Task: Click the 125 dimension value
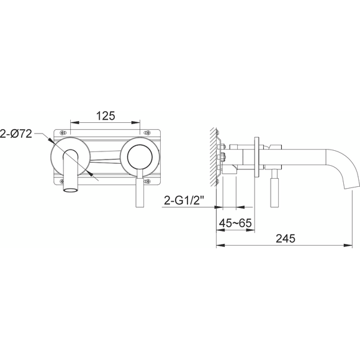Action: click(x=107, y=115)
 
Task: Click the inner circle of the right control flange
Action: click(x=138, y=156)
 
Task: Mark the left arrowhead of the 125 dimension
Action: click(x=73, y=122)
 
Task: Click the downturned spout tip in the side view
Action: click(x=351, y=185)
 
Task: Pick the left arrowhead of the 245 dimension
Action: click(x=217, y=246)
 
